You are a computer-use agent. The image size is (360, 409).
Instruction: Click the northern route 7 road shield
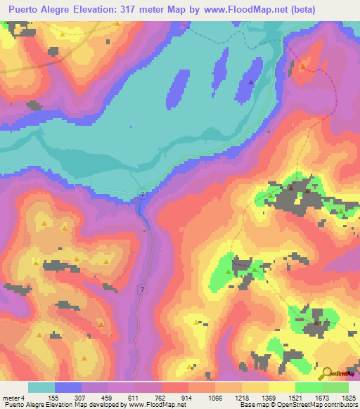pyautogui.click(x=143, y=194)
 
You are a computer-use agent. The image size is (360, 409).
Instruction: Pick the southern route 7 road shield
pyautogui.click(x=143, y=289)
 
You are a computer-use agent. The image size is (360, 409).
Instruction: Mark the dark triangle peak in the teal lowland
pyautogui.click(x=251, y=82)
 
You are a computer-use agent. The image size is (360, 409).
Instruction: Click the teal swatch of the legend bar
pyautogui.click(x=41, y=387)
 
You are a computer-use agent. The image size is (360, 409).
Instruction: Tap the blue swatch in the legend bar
pyautogui.click(x=68, y=387)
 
